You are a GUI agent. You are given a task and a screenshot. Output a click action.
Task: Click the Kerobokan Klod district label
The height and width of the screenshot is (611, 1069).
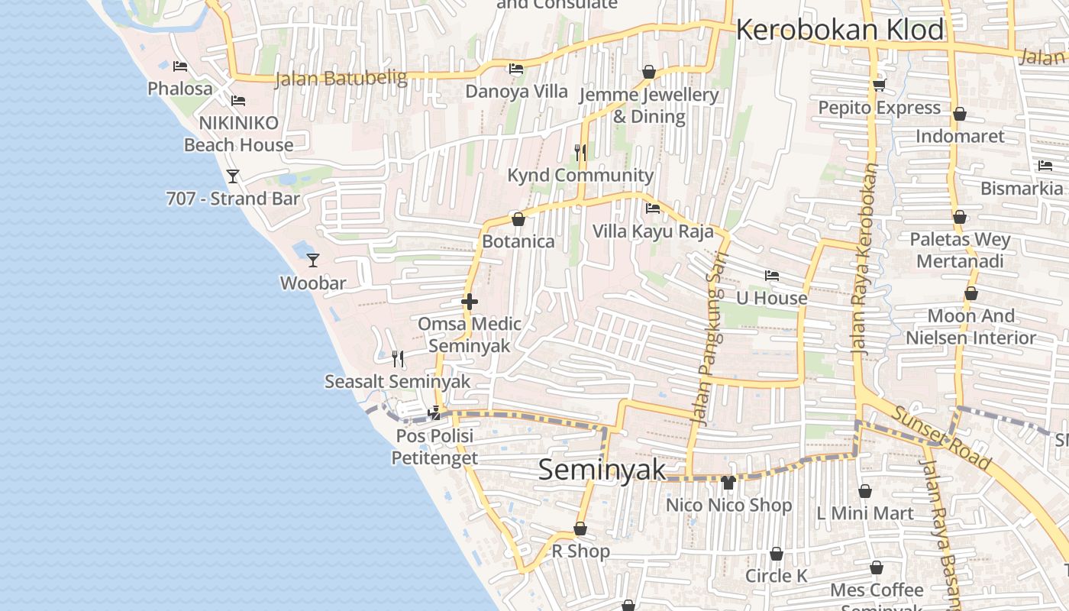[x=840, y=30]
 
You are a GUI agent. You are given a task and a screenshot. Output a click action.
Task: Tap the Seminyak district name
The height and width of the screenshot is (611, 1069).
[x=602, y=470]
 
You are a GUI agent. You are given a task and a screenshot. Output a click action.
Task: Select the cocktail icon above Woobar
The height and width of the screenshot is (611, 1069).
[x=312, y=260]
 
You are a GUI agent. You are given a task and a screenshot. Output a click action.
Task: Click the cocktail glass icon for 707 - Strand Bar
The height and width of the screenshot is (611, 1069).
[x=233, y=176]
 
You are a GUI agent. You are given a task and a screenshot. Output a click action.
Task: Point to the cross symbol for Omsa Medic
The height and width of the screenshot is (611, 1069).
[x=470, y=302]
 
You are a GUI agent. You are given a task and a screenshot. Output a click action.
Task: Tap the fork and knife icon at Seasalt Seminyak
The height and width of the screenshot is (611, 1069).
[x=397, y=358]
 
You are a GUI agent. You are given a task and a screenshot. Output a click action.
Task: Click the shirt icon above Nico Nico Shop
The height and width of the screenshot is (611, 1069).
[x=728, y=483]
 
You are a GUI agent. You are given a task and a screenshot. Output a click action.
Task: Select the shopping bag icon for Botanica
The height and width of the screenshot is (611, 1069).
[x=518, y=219]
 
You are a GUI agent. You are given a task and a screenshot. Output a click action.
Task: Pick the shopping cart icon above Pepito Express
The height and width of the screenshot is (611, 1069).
[x=879, y=86]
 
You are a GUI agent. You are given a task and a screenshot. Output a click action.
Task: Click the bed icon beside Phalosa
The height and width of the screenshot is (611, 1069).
[x=180, y=66]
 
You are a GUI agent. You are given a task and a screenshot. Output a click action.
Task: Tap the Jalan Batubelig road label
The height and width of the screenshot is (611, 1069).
[x=337, y=78]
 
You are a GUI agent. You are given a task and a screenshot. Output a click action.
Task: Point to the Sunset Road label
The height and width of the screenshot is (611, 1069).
[x=942, y=438]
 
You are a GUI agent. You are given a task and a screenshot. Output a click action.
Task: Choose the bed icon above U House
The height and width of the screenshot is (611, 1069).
[x=772, y=276]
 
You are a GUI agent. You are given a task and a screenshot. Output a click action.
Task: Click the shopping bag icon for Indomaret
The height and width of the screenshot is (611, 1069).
[x=960, y=114]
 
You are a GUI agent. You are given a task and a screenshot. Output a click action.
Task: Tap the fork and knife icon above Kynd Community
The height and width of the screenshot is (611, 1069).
[x=580, y=153]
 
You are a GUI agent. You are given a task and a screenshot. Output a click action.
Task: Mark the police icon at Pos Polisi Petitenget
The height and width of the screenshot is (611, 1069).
[x=434, y=413]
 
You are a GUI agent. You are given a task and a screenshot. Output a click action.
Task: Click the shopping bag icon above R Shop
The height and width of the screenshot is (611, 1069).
[x=580, y=529]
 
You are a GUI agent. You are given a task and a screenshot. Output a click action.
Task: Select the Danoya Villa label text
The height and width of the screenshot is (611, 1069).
[x=517, y=92]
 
